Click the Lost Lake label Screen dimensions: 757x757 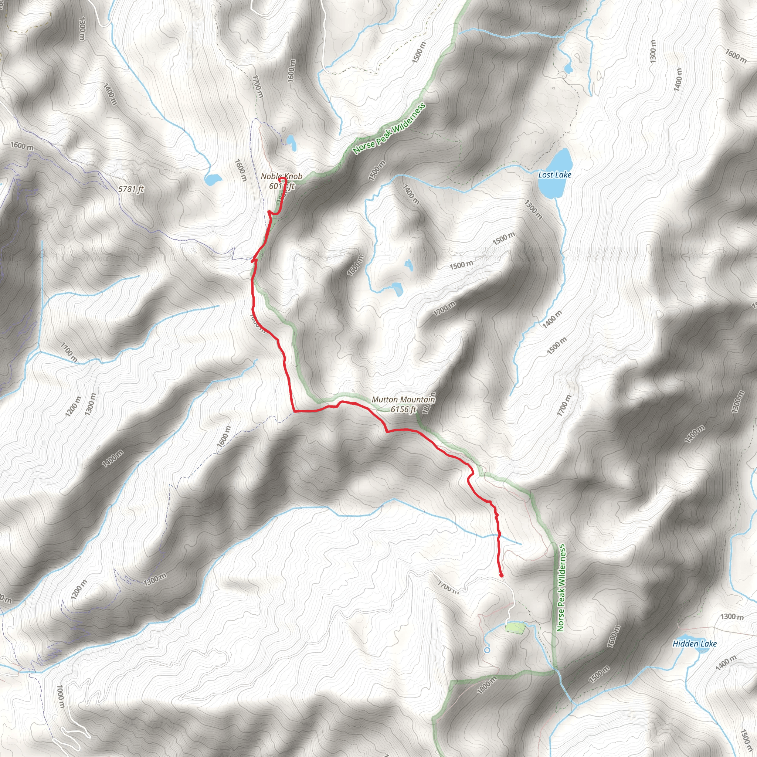tap(554, 175)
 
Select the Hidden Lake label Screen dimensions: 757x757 tap(694, 644)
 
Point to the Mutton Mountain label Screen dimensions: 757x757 tap(403, 400)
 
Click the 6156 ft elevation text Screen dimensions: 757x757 tap(403, 410)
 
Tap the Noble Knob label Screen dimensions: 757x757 tap(281, 176)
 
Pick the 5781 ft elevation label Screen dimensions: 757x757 tap(131, 189)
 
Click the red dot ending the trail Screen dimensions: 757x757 tap(502, 576)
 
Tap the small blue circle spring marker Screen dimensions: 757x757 tap(487, 650)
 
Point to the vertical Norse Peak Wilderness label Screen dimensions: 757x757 tap(561, 587)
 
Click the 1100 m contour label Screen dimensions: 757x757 tap(69, 352)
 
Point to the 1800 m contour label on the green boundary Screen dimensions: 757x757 tap(487, 685)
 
